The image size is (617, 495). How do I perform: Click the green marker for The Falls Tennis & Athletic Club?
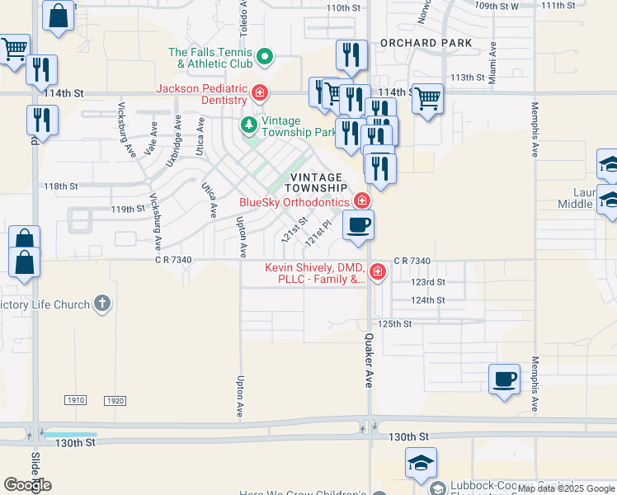[x=265, y=58]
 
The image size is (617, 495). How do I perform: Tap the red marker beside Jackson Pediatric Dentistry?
[x=260, y=93]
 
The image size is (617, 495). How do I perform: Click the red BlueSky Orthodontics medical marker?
[x=361, y=201]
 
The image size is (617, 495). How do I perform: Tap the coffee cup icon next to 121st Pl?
[x=357, y=225]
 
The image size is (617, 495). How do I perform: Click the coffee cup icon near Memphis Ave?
[x=504, y=379]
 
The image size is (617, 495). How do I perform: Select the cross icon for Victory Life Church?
[x=101, y=304]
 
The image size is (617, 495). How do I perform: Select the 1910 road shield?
[x=75, y=400]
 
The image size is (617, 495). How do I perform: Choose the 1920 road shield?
[x=115, y=400]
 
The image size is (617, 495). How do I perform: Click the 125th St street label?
[x=395, y=324]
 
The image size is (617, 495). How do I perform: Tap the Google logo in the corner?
[x=27, y=485]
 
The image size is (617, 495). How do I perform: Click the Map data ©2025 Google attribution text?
[x=565, y=488]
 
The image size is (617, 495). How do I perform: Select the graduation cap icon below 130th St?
[x=421, y=463]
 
